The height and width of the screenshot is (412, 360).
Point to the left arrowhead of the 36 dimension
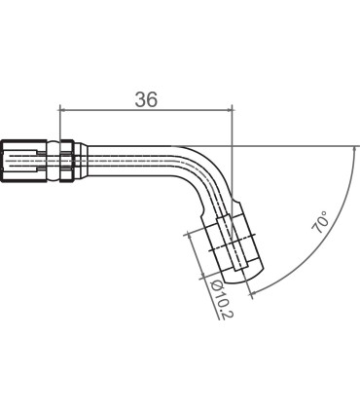(x=63, y=108)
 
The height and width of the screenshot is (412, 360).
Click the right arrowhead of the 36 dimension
(x=229, y=108)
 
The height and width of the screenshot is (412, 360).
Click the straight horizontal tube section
(x=136, y=154)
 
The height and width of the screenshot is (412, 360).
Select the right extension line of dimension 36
(x=234, y=127)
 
